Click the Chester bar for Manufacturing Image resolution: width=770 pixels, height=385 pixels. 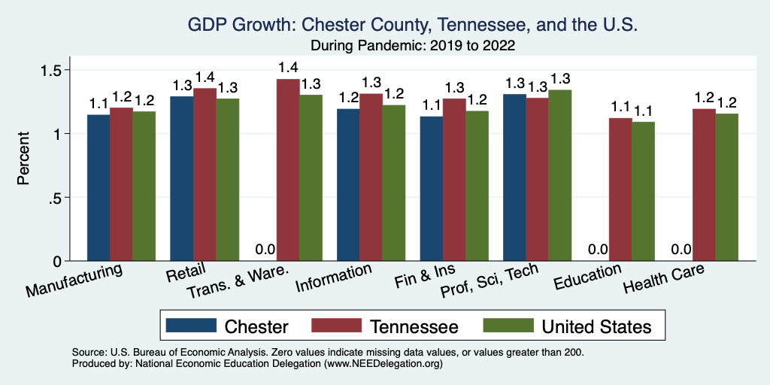tap(99, 188)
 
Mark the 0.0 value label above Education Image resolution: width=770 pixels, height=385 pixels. tap(598, 250)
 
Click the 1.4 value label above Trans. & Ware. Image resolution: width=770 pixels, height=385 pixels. tap(288, 68)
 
